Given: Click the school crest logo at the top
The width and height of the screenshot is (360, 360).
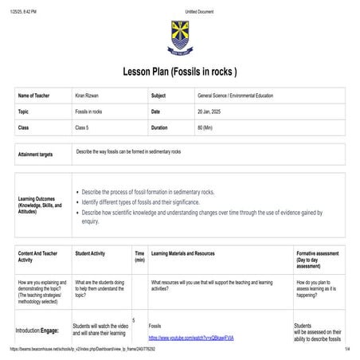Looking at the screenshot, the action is [180, 35].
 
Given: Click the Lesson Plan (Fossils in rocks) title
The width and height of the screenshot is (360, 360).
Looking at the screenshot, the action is [180, 71].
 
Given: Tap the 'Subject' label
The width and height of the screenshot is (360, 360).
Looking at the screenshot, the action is [158, 96].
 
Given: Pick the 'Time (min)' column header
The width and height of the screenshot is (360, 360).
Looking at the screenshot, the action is [139, 256].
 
